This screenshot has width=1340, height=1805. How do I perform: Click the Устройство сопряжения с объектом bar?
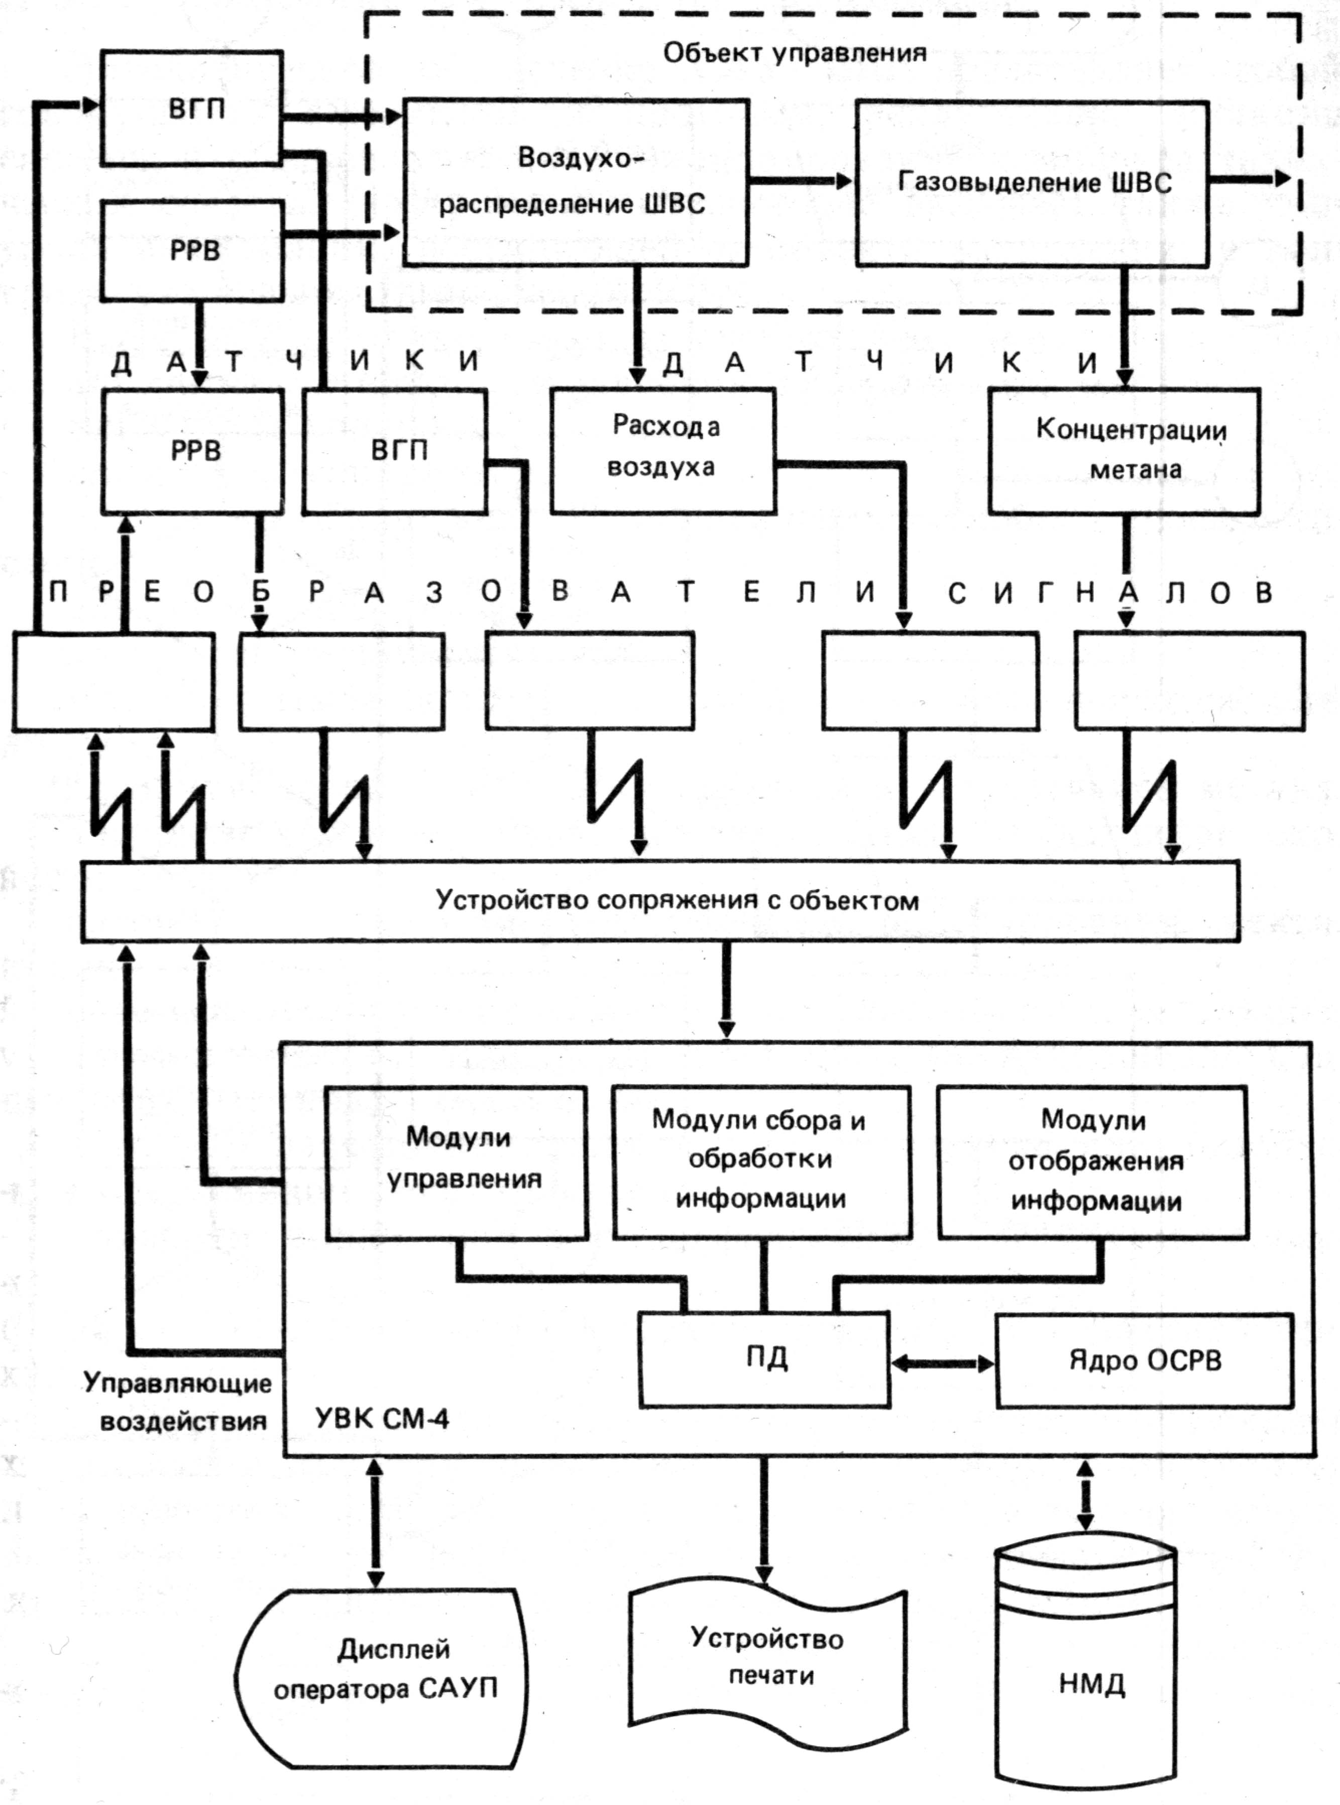tap(660, 900)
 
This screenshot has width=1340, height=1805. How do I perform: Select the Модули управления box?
tap(457, 1162)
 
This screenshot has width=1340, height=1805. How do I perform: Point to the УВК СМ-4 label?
tap(381, 1419)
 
